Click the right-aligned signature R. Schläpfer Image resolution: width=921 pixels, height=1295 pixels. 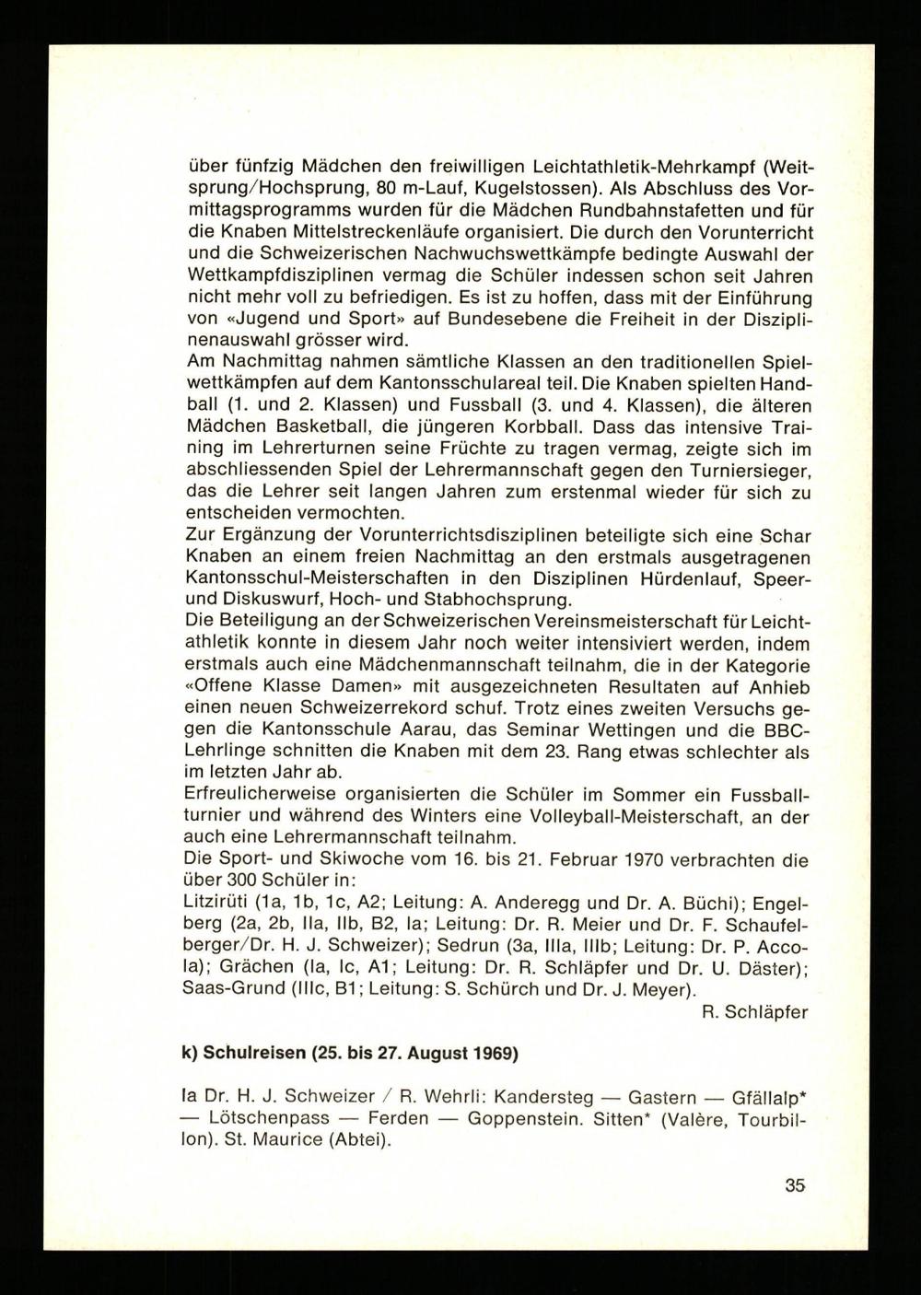754,1011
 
